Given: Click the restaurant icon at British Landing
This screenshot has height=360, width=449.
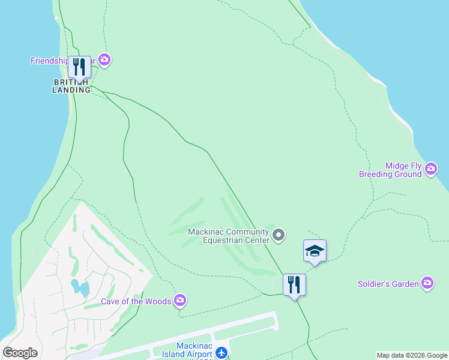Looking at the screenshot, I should click(x=79, y=67).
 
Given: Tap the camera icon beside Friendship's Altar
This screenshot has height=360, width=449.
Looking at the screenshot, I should click(x=104, y=59).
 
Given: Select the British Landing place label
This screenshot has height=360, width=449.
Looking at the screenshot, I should click(x=72, y=86).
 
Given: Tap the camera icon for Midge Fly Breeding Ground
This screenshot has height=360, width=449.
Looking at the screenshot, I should click(x=430, y=170).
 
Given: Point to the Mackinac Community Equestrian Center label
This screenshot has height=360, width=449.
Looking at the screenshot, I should click(x=228, y=236).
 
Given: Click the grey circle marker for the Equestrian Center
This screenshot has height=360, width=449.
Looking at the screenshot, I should click(x=279, y=235).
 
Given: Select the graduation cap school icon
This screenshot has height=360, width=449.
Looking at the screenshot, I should click(x=315, y=251).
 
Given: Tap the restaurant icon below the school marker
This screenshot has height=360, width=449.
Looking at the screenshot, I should click(x=294, y=284).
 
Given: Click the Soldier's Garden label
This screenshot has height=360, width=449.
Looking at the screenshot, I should click(x=388, y=284).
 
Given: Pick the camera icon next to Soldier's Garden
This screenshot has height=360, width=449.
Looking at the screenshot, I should click(x=427, y=283).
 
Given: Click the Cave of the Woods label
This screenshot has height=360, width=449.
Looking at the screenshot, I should click(x=136, y=301).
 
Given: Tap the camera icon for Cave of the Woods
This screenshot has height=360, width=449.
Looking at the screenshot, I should click(x=179, y=300).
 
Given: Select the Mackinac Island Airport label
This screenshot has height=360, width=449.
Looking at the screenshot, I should click(x=194, y=350).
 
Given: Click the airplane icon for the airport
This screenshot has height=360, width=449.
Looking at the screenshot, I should click(x=222, y=352).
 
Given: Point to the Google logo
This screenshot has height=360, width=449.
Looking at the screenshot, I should click(x=20, y=353).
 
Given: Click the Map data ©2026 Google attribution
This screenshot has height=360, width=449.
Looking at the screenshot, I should click(x=412, y=355).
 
